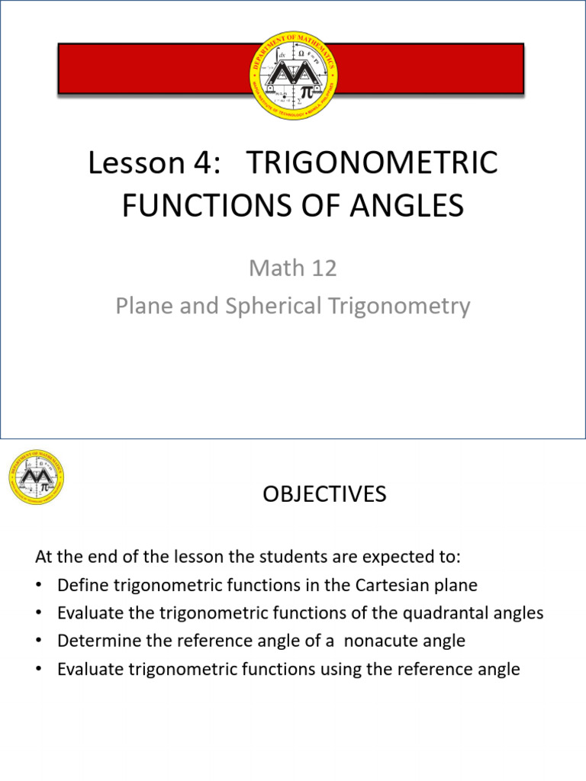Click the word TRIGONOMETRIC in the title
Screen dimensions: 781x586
373,163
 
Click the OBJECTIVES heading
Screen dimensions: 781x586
325,494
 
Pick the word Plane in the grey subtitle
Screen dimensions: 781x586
139,306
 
